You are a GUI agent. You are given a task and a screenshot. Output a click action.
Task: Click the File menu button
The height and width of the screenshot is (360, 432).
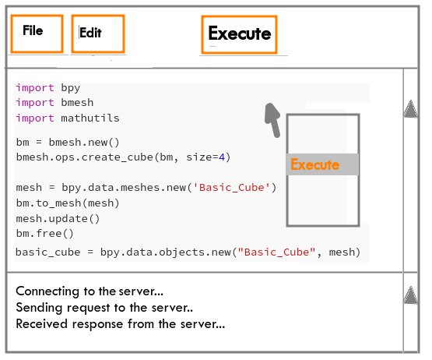(x=37, y=34)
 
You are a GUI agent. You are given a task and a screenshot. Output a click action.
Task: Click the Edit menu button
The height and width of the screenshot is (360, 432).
(x=98, y=34)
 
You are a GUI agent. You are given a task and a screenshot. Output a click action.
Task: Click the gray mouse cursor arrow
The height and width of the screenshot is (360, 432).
(x=272, y=120)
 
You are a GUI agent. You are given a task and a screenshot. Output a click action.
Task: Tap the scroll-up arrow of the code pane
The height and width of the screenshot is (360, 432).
(x=410, y=108)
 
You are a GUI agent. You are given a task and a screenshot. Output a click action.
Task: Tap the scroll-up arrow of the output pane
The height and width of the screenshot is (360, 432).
(x=410, y=295)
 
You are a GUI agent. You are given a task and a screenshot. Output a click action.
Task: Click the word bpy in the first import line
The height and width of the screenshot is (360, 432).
(x=71, y=88)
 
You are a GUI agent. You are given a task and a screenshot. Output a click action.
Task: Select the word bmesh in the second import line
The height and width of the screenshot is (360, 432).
(x=77, y=103)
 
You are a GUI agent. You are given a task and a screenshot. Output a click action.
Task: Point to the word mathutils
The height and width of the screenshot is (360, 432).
(x=90, y=118)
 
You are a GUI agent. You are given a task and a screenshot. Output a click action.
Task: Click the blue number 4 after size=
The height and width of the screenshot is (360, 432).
(x=222, y=157)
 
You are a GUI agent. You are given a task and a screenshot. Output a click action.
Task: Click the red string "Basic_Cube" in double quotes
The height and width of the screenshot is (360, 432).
(x=276, y=252)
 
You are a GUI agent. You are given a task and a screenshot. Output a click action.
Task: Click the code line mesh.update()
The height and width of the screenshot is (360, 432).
(x=58, y=219)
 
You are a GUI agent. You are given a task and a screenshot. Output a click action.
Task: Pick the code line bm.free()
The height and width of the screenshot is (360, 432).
(x=45, y=234)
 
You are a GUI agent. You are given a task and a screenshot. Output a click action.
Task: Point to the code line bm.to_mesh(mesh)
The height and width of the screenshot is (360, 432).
(x=68, y=203)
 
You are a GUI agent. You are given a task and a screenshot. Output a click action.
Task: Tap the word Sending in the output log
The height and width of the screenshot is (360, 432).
(x=39, y=308)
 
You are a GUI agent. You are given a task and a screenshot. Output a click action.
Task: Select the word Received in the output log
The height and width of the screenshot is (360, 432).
(x=41, y=323)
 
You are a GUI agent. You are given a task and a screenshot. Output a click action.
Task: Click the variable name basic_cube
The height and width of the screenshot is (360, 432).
(x=48, y=252)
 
